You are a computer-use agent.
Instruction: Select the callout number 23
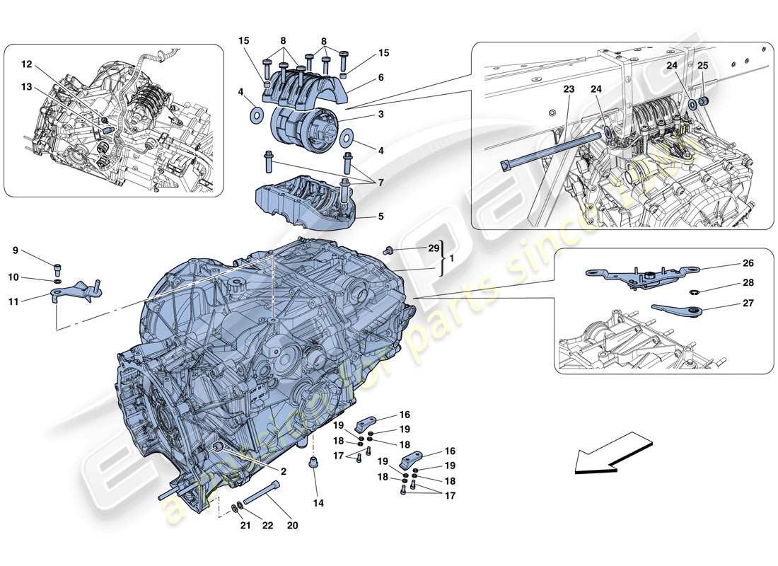(x=569, y=90)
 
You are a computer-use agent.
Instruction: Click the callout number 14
(x=318, y=504)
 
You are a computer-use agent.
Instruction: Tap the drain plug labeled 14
(x=312, y=466)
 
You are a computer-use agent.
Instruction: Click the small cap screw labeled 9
(x=58, y=267)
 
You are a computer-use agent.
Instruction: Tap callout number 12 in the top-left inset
(x=27, y=64)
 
